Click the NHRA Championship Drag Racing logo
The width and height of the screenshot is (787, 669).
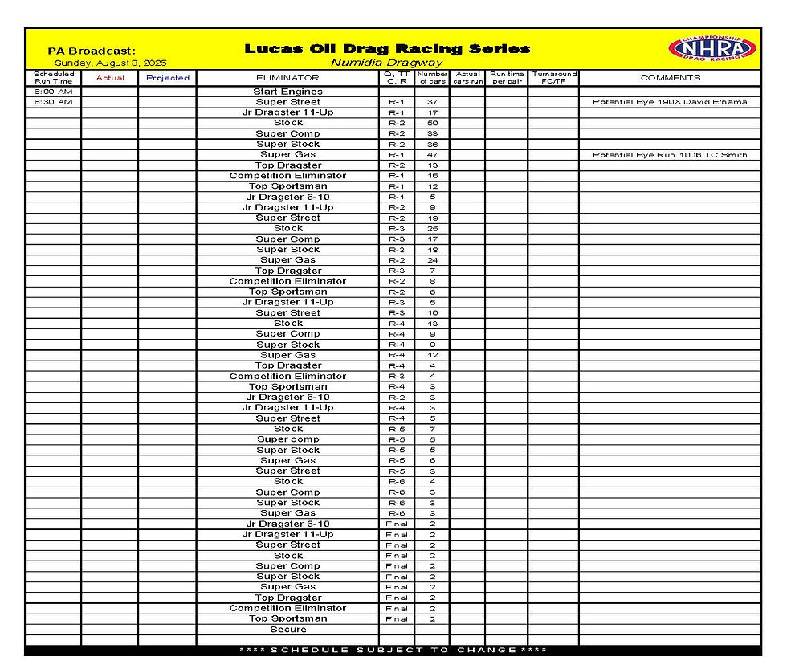[x=712, y=48]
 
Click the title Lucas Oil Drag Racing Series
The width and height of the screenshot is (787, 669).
[x=387, y=49]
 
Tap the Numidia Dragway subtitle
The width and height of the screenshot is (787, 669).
[x=387, y=63]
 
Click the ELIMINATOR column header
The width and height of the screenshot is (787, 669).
[x=287, y=78]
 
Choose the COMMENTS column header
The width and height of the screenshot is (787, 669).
[x=670, y=78]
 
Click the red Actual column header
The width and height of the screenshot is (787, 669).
[x=110, y=78]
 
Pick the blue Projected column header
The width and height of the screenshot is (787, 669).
[x=167, y=78]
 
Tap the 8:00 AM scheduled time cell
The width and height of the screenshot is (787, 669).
[x=53, y=92]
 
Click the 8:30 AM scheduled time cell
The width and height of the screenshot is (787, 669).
[x=53, y=102]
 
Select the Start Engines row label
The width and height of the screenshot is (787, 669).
[x=287, y=92]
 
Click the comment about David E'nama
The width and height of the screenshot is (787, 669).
[x=670, y=102]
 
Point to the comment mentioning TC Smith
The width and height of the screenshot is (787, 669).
[x=670, y=155]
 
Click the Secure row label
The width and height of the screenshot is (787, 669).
[x=287, y=630]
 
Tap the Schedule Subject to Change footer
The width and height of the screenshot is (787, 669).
[x=393, y=650]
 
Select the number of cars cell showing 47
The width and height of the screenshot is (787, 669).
[x=432, y=155]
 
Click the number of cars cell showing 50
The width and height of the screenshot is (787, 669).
[x=432, y=123]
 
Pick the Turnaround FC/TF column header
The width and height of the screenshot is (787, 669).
[x=554, y=78]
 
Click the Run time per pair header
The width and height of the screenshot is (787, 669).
[x=507, y=78]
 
